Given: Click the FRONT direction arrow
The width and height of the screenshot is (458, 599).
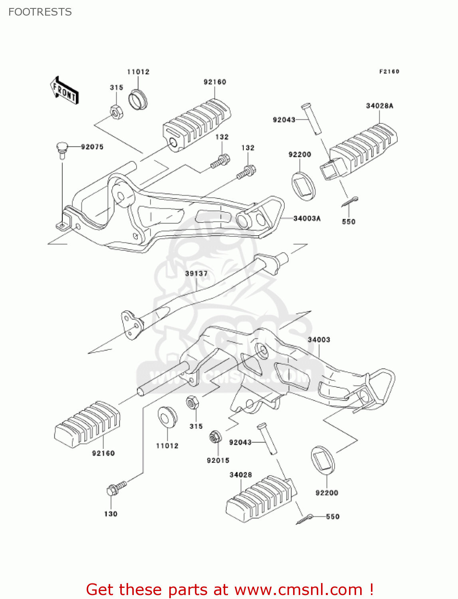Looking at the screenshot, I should tap(64, 91).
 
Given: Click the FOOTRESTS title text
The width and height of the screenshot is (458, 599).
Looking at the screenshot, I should tap(40, 12).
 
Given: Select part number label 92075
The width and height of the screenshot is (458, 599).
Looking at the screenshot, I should tap(92, 147).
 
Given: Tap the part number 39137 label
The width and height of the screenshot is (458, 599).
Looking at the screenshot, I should tap(196, 274).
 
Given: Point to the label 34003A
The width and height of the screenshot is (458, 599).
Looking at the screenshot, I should tap(307, 218).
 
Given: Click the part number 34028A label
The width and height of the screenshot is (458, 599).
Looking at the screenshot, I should tap(379, 106).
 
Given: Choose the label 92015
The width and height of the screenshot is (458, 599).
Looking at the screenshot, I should tap(218, 460).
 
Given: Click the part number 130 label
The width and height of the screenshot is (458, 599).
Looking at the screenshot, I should tap(111, 514).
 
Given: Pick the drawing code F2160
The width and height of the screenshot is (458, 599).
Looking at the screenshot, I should tap(389, 71).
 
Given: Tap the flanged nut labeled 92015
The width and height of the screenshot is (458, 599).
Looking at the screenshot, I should tap(215, 437).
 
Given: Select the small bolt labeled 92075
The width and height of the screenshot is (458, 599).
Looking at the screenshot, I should tap(61, 150).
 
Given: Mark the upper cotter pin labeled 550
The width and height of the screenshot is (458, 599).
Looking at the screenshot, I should tap(350, 202).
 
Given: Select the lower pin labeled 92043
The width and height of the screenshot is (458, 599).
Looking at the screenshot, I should tap(267, 439).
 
